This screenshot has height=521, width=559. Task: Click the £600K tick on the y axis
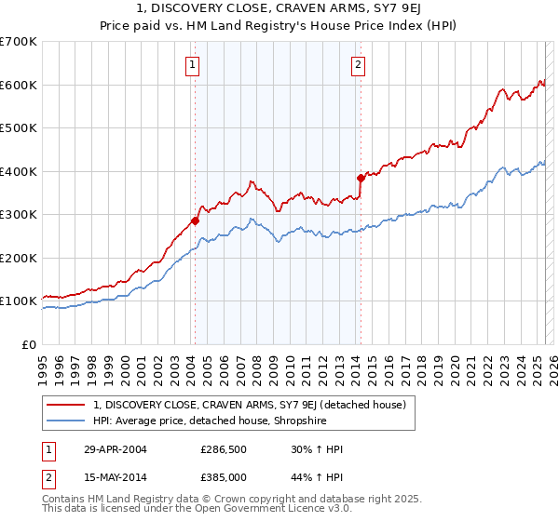19,85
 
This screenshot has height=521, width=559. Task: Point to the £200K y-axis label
19,258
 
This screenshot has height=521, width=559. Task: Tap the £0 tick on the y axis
28,344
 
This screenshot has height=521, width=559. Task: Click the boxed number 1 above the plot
192,64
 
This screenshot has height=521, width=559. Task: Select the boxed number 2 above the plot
358,64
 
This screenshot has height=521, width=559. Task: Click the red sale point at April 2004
195,220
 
